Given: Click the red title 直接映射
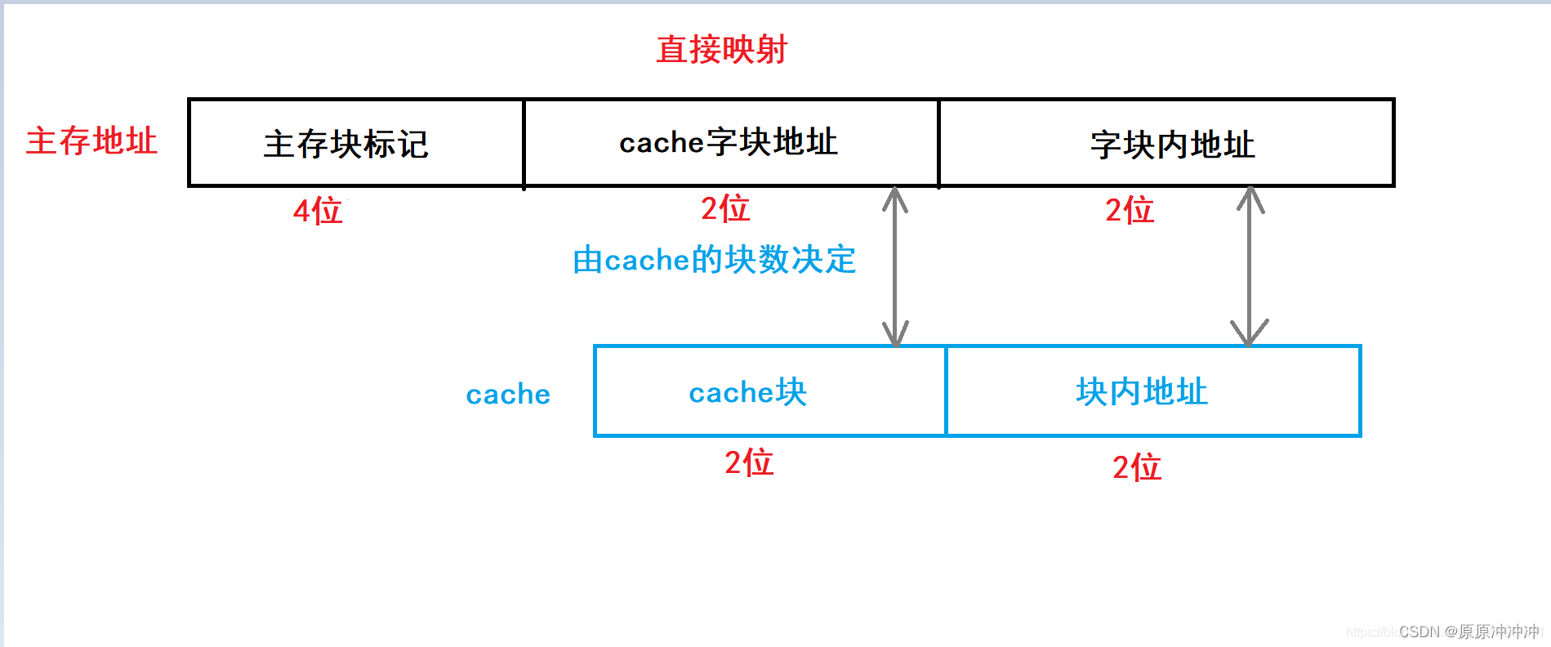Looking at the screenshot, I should tap(721, 50).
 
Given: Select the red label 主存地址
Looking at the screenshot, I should tap(91, 141).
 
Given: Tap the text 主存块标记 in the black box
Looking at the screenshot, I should tap(346, 145).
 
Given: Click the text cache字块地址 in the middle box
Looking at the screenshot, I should tap(729, 142).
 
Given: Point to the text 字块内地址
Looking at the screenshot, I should tap(1172, 145).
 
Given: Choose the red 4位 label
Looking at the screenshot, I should tap(318, 211).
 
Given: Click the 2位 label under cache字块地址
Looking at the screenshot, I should tap(725, 208).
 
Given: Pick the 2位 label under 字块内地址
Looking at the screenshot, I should tap(1130, 210).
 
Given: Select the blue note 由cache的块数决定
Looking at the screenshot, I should tap(715, 260).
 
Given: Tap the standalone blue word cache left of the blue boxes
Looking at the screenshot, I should tap(508, 395).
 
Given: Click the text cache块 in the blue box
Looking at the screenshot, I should tap(747, 392).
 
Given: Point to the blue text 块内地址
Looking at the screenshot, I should tap(1142, 392).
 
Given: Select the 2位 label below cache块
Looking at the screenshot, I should tap(749, 462).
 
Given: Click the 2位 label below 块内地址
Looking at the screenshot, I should tap(1137, 467).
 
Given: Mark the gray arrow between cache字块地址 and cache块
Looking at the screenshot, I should tap(895, 266).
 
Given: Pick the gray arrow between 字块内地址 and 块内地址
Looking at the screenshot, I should tap(1250, 266).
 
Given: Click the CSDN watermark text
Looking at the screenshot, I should tap(1469, 631).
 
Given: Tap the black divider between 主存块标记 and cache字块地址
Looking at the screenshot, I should tap(524, 143).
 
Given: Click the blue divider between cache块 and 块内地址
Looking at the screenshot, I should tap(946, 391).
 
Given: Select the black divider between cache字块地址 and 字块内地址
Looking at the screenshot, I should tap(938, 143).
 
